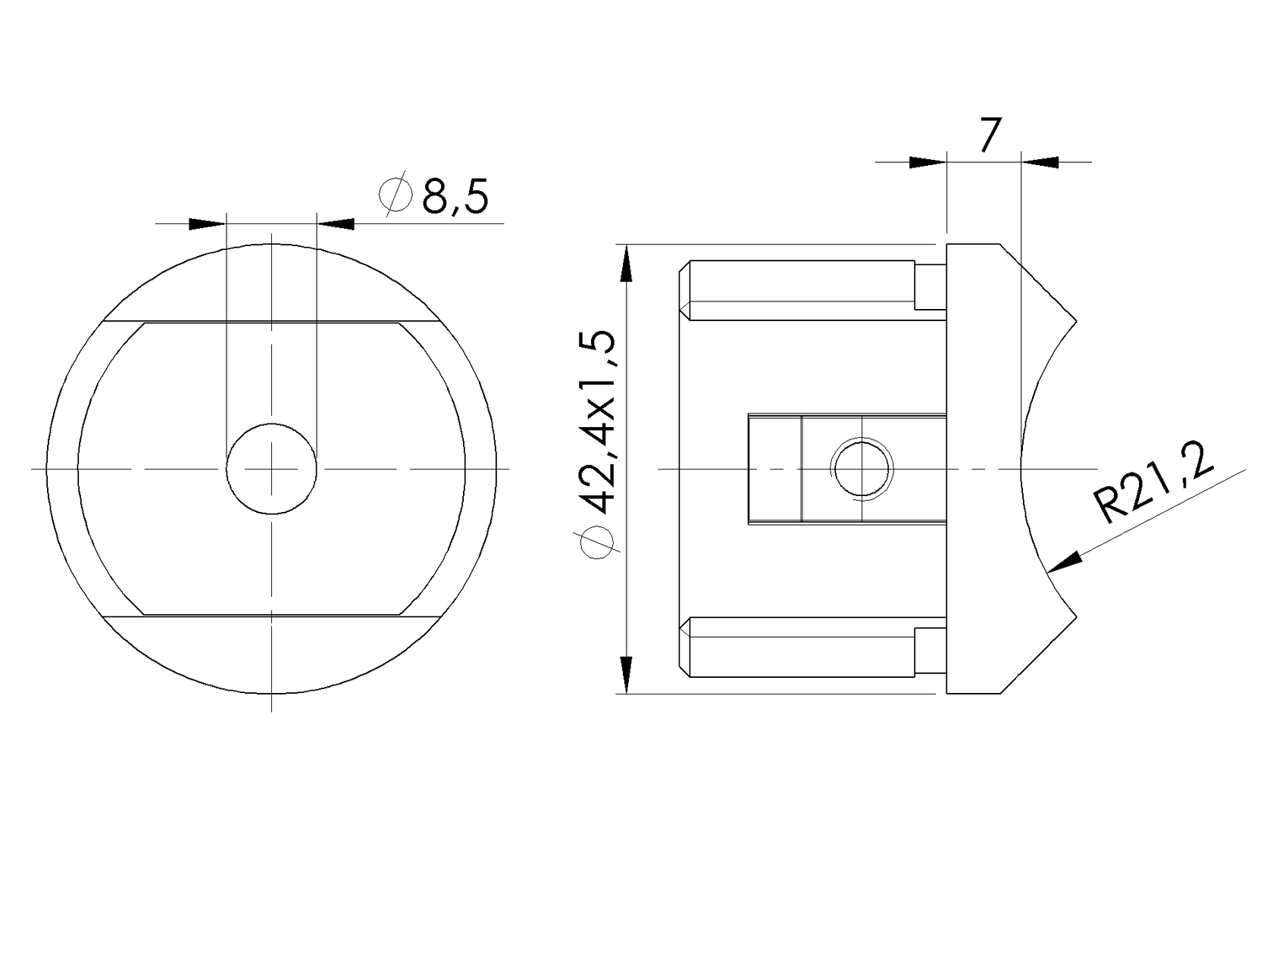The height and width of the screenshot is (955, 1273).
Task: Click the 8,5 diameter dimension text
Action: pos(455,197)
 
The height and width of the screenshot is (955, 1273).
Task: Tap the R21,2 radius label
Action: pos(1153,482)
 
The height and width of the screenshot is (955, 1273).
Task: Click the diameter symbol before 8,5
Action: pos(396,194)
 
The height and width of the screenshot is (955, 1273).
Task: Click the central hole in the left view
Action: pos(271,468)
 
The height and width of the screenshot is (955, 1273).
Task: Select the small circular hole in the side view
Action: pos(862,469)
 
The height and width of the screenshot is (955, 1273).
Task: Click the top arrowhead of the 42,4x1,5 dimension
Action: pos(626,264)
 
